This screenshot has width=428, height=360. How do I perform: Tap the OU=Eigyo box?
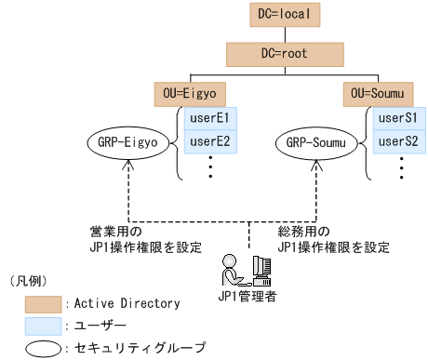pyautogui.click(x=189, y=94)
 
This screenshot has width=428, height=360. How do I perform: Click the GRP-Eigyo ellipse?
pyautogui.click(x=127, y=143)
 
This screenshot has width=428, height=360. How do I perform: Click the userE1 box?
pyautogui.click(x=209, y=119)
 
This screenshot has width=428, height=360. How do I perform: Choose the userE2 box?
pyautogui.click(x=209, y=142)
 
